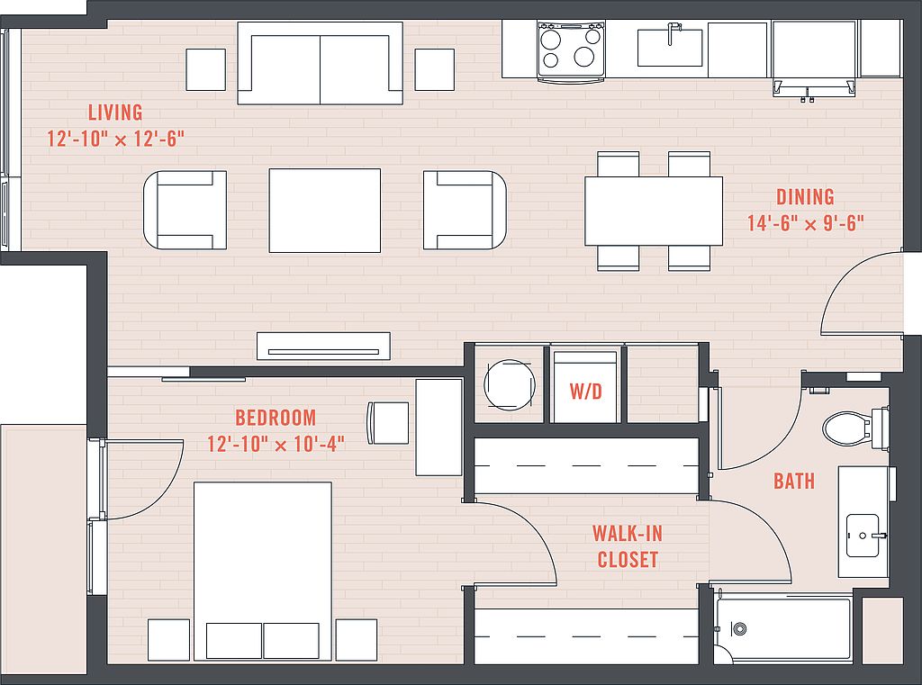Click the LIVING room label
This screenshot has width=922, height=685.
click(115, 112)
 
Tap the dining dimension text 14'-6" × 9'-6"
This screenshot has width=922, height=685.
click(806, 223)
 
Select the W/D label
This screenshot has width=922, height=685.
click(585, 391)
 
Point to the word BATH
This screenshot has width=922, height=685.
click(794, 481)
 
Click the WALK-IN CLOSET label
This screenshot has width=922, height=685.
click(628, 546)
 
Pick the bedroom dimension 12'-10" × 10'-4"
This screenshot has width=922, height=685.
click(276, 444)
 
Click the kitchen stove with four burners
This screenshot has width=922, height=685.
click(572, 50)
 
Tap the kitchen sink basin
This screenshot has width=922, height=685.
click(670, 48)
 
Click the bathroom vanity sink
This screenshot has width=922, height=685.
click(863, 536)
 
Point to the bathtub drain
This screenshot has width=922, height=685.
click(739, 628)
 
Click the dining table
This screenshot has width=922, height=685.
click(654, 212)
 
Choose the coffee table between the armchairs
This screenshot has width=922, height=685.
click(324, 211)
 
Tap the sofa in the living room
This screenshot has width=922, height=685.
click(320, 63)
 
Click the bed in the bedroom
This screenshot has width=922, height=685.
click(263, 571)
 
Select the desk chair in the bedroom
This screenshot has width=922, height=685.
click(387, 423)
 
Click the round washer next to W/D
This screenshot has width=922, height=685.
click(510, 385)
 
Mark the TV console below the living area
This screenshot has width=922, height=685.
click(323, 347)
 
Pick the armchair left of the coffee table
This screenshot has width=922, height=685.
click(185, 210)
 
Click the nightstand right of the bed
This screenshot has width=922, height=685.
click(357, 640)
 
